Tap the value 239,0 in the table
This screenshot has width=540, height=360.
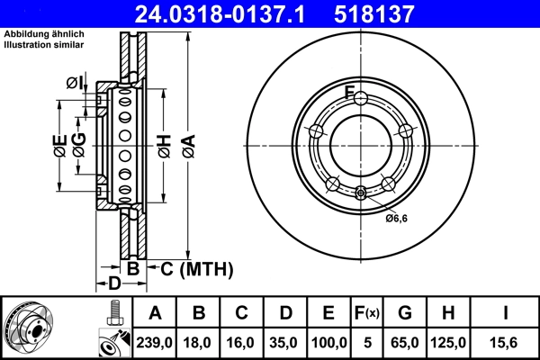coord(156,342)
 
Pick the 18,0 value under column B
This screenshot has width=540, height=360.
coord(199,342)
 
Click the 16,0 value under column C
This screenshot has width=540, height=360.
coord(241,342)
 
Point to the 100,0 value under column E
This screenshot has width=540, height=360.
coord(328,342)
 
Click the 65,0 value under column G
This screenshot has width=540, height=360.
coord(404,342)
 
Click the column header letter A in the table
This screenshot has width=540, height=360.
coord(156,313)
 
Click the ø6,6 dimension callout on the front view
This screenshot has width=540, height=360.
coord(397,218)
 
